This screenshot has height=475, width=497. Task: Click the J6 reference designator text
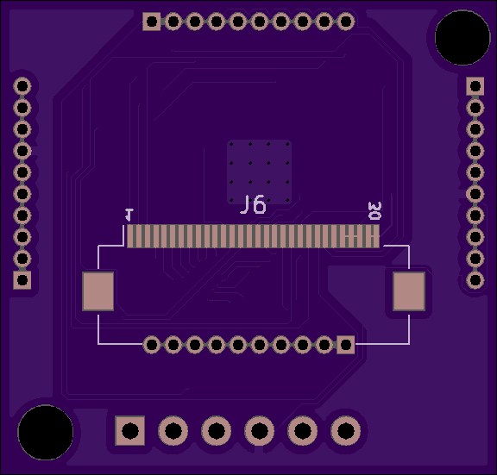(253, 204)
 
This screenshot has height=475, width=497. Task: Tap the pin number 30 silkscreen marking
(374, 211)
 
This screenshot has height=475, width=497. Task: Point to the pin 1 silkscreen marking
(129, 215)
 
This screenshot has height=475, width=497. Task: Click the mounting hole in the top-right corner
(462, 38)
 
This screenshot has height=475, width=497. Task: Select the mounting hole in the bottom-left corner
(46, 432)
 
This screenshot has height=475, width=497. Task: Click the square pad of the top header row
(152, 22)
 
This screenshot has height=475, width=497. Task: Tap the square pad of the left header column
(22, 280)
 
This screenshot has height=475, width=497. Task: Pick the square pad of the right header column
(475, 86)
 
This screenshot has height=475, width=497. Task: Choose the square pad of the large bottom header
(130, 431)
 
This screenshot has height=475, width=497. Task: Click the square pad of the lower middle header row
(345, 345)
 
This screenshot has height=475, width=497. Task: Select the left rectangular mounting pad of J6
(98, 291)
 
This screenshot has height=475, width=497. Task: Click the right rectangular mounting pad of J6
(409, 291)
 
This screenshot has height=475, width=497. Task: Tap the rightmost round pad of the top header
(345, 22)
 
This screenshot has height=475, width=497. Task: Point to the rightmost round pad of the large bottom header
(345, 431)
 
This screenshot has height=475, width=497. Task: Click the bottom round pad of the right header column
(475, 280)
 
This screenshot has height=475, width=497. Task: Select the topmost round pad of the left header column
(22, 86)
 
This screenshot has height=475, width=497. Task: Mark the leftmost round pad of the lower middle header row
(152, 345)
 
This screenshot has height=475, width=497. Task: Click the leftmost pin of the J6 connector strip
(129, 236)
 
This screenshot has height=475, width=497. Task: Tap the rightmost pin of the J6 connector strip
(376, 236)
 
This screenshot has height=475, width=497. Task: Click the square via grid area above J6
(259, 172)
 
